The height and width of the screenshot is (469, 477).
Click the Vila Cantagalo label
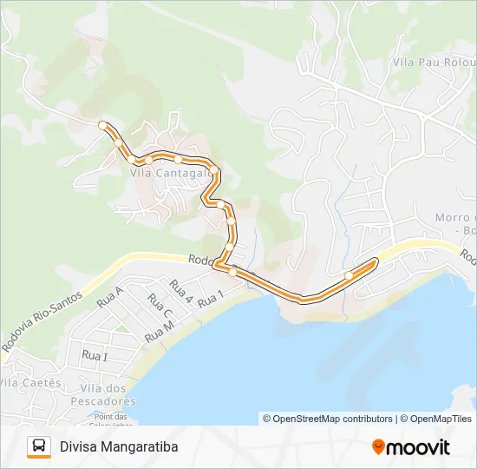pyautogui.click(x=171, y=173)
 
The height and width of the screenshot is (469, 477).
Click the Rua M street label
pyautogui.click(x=160, y=331)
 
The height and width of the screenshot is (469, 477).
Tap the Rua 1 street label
pyautogui.click(x=211, y=301)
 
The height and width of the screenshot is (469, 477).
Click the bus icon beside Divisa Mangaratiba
pyautogui.click(x=39, y=446)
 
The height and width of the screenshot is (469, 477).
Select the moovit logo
pyautogui.click(x=411, y=447)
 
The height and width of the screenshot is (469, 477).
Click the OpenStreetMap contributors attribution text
pyautogui.click(x=328, y=419)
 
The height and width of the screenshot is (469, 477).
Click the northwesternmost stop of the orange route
pyautogui.click(x=102, y=126)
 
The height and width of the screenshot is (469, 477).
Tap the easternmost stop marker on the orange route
pyautogui.click(x=349, y=276)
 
